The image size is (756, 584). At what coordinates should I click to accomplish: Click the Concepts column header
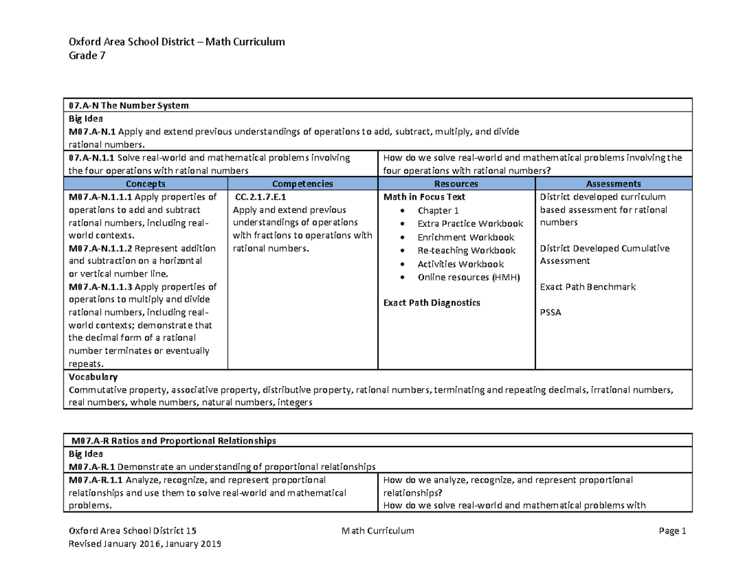146,184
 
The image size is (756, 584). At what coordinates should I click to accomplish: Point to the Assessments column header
613,184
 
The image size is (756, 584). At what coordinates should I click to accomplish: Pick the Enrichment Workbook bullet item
466,238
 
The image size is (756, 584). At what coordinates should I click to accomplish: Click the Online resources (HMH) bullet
468,277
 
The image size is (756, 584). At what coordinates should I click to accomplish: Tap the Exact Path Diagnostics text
432,303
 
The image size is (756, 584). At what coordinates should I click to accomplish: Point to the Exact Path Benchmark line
588,287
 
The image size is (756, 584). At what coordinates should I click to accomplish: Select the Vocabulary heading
93,377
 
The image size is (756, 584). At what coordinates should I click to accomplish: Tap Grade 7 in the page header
87,56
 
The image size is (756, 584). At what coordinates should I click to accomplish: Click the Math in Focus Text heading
425,197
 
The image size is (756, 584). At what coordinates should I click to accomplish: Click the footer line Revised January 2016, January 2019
145,544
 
